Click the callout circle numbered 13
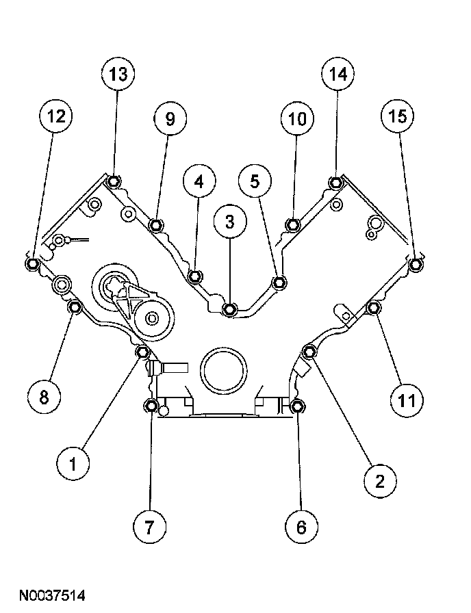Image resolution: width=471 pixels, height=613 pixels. point(118,75)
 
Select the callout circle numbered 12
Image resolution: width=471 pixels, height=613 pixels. point(56,117)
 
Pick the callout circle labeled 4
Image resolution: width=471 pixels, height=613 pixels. point(199,181)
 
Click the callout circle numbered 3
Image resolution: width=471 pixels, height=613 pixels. point(229,221)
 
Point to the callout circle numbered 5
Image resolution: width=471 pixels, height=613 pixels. point(255,181)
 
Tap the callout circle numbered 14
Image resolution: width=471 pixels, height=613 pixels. point(338,75)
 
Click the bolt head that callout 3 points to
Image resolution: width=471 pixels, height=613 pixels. point(230,310)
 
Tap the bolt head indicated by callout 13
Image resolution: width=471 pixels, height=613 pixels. point(114,181)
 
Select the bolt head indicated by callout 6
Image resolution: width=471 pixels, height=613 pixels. point(297,407)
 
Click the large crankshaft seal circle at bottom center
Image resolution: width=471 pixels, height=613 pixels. point(221,371)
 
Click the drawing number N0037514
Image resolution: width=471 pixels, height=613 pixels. point(53,597)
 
